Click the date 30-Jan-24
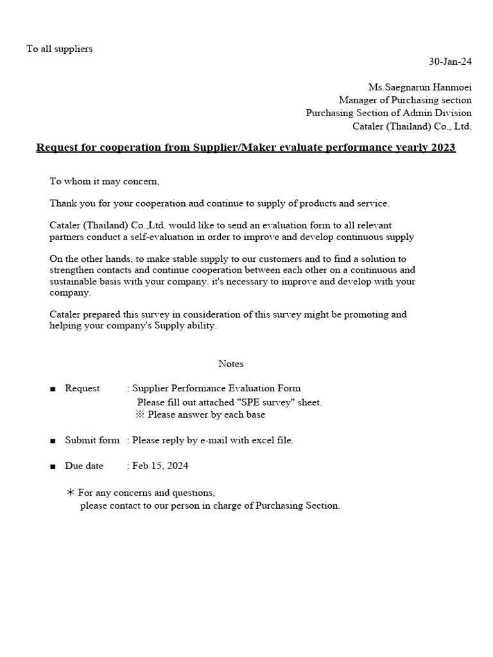(450, 62)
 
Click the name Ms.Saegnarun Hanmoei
(420, 87)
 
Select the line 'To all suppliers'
(59, 49)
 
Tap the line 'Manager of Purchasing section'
(405, 100)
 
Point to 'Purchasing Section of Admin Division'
(388, 113)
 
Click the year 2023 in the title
(442, 148)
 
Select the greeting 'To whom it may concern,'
(105, 182)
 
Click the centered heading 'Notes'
(230, 364)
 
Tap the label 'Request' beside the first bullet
(82, 388)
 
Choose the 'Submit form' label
(92, 440)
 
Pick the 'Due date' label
(84, 466)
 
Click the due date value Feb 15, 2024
(160, 466)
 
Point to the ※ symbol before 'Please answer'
(140, 414)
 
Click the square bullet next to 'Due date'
(53, 466)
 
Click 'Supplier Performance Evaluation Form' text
(216, 388)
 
